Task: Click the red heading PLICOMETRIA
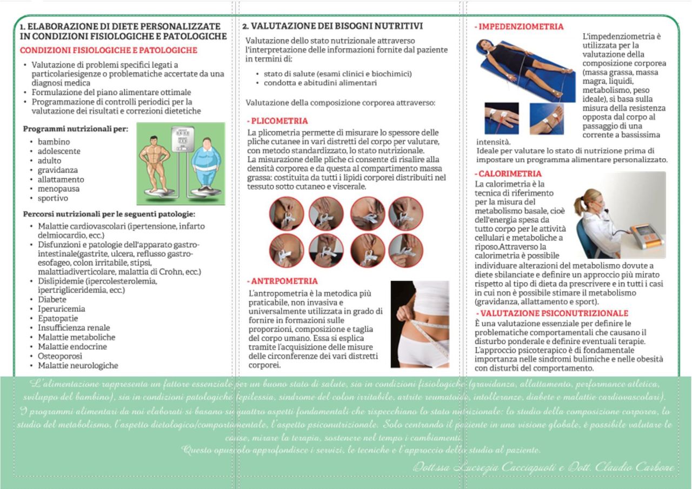[x=279, y=121]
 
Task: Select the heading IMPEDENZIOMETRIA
[x=521, y=26]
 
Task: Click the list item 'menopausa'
[x=58, y=189]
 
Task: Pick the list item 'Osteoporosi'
[x=60, y=356]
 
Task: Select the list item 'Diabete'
[x=52, y=299]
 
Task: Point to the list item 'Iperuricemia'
[x=61, y=309]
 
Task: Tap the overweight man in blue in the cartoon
[x=206, y=165]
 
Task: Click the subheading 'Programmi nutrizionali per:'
[x=75, y=129]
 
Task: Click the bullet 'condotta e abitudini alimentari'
[x=320, y=83]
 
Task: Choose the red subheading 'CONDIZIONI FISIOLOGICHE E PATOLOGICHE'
[x=108, y=50]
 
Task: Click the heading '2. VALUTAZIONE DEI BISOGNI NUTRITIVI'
[x=332, y=26]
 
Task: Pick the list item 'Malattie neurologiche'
[x=78, y=366]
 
